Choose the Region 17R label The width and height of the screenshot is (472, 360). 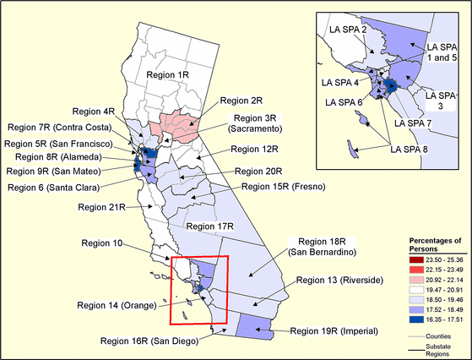[209, 226]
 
